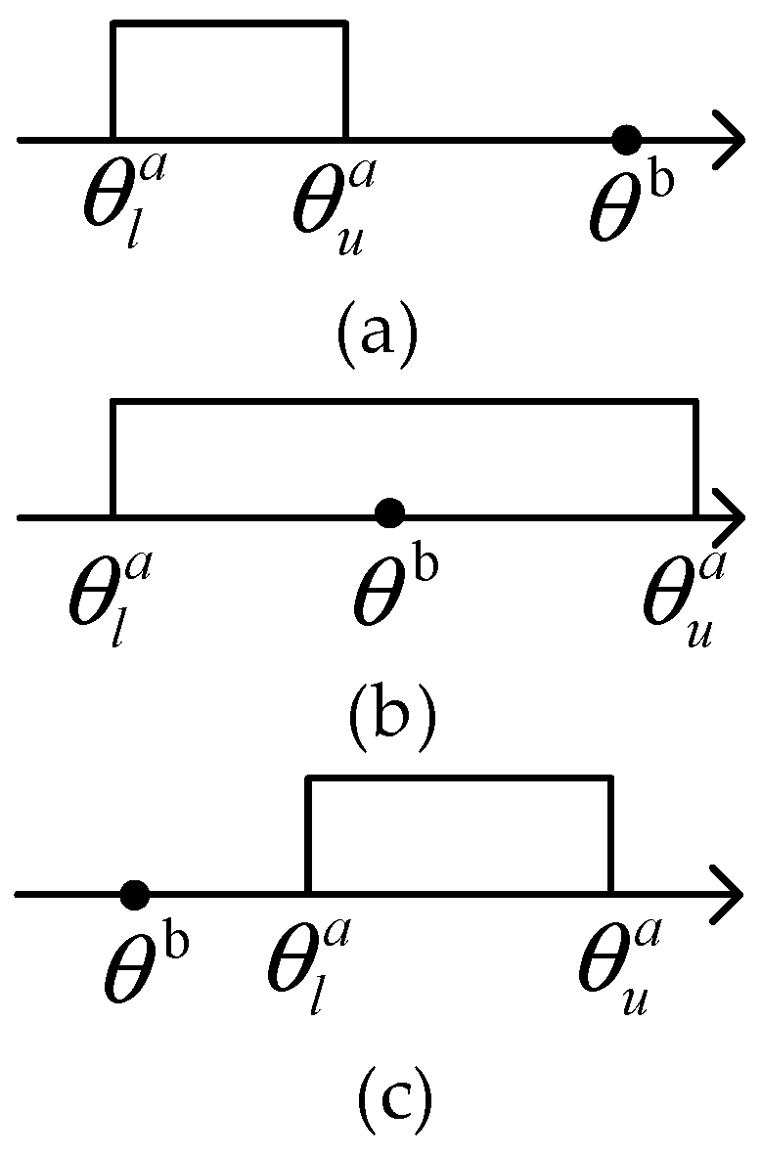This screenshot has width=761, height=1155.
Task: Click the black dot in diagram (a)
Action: click(626, 140)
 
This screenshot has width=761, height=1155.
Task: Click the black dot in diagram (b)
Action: click(390, 511)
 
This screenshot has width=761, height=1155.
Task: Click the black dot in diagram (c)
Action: click(134, 894)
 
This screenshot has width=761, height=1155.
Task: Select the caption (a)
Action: click(377, 333)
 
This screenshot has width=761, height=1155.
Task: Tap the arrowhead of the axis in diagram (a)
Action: click(729, 140)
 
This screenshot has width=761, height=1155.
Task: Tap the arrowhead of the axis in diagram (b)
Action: click(729, 515)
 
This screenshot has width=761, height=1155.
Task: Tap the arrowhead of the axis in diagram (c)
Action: click(729, 894)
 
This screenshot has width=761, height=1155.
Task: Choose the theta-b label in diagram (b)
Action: click(394, 587)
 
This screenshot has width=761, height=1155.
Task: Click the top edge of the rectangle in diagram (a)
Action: click(230, 22)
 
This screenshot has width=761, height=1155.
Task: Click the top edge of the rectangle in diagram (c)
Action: click(460, 779)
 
